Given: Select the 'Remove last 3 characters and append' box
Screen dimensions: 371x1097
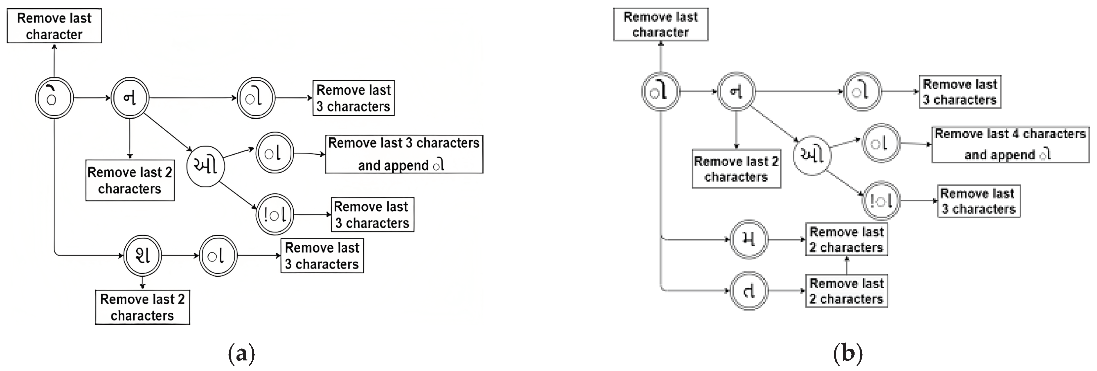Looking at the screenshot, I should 404,154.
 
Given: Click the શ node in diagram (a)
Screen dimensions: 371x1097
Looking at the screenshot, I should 143,256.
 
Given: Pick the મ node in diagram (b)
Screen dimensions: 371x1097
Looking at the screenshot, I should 749,239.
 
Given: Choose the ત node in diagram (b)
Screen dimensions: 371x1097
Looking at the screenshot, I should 749,291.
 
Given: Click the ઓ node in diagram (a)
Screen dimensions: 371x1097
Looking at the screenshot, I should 206,166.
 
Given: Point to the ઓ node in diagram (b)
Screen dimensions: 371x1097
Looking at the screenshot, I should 812,155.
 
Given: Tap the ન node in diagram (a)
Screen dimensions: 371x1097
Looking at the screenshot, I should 130,98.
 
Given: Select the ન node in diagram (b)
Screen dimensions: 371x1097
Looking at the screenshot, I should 736,92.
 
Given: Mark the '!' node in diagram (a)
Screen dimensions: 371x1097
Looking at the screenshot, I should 275,215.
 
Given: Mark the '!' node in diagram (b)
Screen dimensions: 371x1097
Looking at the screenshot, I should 881,201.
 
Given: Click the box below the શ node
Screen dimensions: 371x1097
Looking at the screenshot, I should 142,307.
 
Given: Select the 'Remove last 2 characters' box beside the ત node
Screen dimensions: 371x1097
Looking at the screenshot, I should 846,291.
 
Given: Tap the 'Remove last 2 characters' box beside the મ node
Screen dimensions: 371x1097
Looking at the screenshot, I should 846,239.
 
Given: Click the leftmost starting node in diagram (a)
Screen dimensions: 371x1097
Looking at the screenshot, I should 54,98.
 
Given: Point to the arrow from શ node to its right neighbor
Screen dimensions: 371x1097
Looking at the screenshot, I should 181,256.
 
